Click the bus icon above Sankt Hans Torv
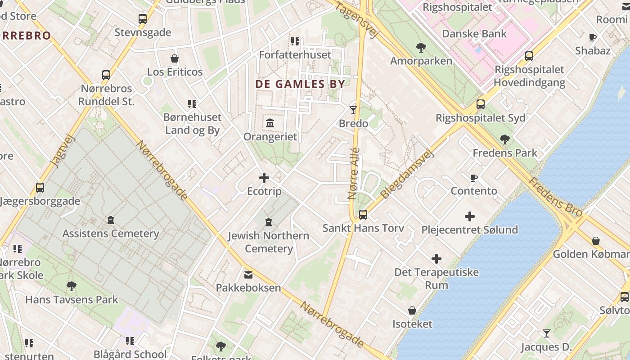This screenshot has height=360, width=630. tap(363, 215)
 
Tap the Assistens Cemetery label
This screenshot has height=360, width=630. tap(111, 234)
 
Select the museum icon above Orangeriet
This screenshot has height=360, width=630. tap(270, 123)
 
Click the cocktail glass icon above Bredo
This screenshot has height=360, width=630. tap(353, 110)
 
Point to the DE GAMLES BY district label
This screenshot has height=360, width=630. tap(300, 84)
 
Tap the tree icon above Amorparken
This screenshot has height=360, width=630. tap(421, 47)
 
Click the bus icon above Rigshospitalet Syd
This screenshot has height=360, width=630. tap(481, 104)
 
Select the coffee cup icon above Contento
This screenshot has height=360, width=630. tap(474, 178)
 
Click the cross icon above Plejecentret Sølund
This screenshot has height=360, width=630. tap(470, 216)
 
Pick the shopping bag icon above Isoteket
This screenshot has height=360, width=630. tap(412, 310)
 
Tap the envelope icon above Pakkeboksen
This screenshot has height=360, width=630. tap(248, 274)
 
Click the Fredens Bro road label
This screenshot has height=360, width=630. tap(555, 197)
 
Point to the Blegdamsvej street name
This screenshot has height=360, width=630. tap(407, 174)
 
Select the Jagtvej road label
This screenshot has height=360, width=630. tap(63, 152)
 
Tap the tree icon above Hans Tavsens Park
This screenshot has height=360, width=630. tap(71, 286)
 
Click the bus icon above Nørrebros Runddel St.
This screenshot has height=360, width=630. tap(106, 75)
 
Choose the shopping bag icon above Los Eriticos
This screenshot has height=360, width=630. tap(175, 58)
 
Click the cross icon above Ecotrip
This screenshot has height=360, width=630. tap(264, 178)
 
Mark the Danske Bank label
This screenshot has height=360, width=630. tap(474, 34)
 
